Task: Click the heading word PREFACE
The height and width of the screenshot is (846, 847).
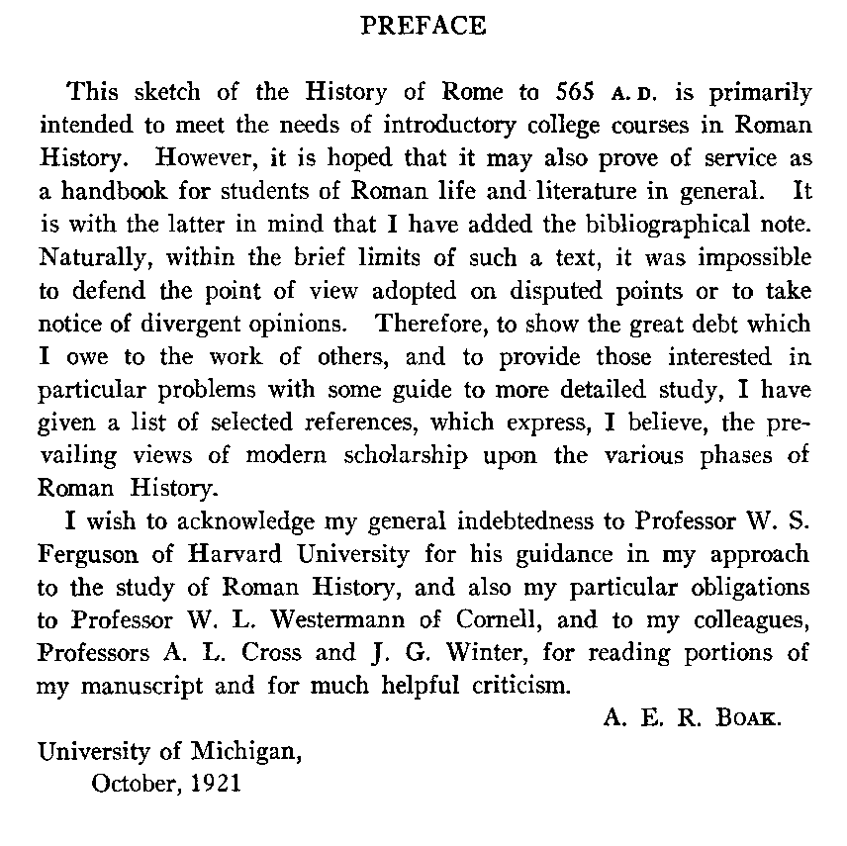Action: point(423,27)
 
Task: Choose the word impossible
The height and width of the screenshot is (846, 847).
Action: point(750,257)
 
